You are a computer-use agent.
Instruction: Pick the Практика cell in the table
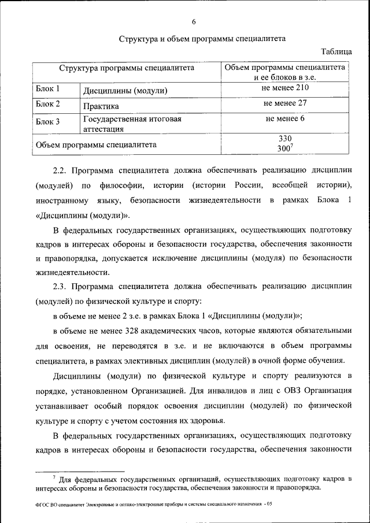click(101, 106)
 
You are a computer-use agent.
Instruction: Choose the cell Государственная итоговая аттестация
click(132, 124)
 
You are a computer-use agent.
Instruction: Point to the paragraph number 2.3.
click(61, 286)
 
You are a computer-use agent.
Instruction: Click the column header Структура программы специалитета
click(126, 68)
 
